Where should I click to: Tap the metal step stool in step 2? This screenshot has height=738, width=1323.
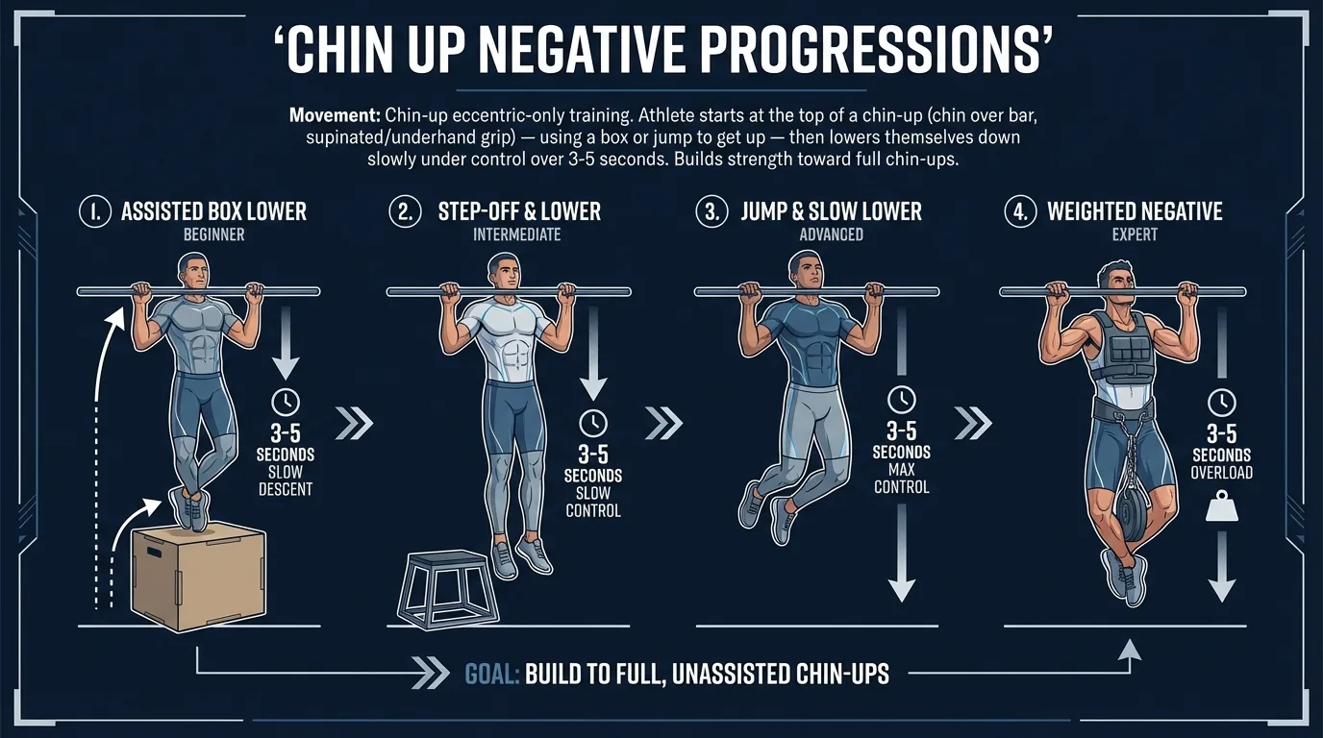point(449,589)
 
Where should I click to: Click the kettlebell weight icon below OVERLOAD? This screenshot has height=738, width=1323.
point(1221,506)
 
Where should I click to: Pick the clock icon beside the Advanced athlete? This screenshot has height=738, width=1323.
point(901,398)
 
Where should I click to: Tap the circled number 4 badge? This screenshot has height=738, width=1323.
point(1019,212)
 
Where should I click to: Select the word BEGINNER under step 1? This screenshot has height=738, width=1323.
point(213,234)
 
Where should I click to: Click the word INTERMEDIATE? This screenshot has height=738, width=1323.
point(517,234)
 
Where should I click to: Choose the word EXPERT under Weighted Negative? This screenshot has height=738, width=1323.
point(1135,234)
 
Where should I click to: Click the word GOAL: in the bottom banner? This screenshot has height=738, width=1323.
point(492,674)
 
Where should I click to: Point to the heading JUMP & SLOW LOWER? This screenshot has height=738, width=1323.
point(831,211)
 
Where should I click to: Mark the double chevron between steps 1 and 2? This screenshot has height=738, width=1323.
point(352,422)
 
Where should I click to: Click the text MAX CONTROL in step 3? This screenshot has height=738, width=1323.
point(901,479)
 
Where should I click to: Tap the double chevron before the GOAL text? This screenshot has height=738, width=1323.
point(430,674)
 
